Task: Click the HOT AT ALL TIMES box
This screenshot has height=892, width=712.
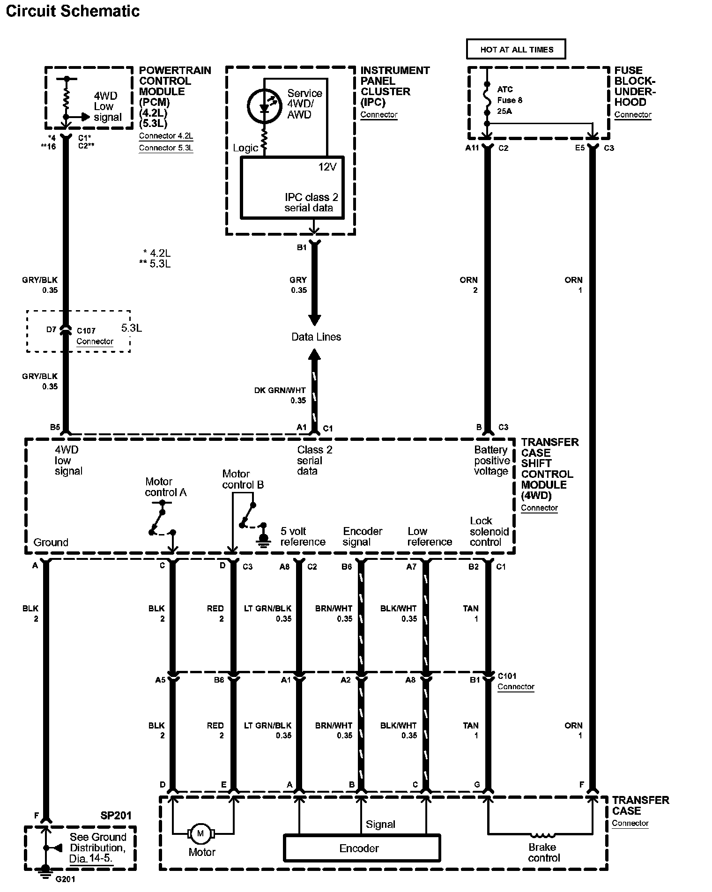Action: (x=516, y=49)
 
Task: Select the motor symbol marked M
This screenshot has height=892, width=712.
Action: (x=201, y=833)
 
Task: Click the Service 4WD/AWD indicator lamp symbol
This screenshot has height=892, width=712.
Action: (x=264, y=106)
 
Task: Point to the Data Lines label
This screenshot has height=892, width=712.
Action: (x=316, y=337)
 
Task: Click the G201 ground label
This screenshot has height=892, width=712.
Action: (x=65, y=879)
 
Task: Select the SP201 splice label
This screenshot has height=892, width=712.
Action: (x=116, y=816)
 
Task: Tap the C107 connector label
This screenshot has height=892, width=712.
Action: (x=86, y=331)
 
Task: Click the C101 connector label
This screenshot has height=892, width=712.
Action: (x=507, y=676)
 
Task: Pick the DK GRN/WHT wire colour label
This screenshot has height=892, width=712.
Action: (x=280, y=390)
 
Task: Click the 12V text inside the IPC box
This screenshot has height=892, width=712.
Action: (x=327, y=167)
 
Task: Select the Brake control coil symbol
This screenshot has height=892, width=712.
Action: (x=542, y=834)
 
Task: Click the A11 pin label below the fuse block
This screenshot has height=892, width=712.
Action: (x=472, y=148)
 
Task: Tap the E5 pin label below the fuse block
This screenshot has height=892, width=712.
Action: (x=580, y=148)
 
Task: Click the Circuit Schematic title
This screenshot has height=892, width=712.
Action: (x=73, y=11)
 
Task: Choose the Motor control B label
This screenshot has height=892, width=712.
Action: (x=243, y=479)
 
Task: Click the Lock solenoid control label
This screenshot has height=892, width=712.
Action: (x=489, y=531)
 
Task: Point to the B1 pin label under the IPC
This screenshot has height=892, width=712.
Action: (x=301, y=247)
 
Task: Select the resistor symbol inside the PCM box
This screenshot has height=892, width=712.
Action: (x=67, y=98)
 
